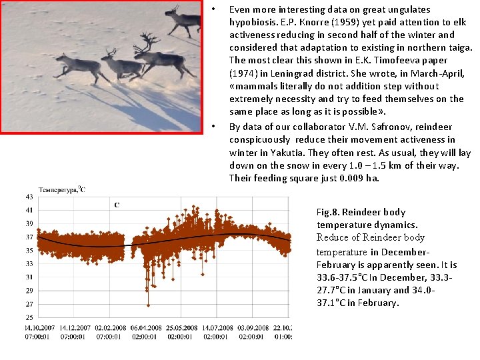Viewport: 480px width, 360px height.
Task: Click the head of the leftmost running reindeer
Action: pyautogui.click(x=61, y=59)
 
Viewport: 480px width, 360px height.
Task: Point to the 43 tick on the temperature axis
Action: pyautogui.click(x=29, y=197)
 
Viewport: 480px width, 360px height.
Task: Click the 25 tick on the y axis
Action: pyautogui.click(x=29, y=317)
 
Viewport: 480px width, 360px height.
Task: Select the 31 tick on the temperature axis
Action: pyautogui.click(x=29, y=277)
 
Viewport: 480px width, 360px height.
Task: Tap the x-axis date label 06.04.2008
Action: pyautogui.click(x=145, y=327)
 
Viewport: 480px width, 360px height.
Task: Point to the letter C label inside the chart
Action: pyautogui.click(x=117, y=205)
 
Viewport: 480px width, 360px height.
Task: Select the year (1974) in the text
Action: pyautogui.click(x=244, y=73)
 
